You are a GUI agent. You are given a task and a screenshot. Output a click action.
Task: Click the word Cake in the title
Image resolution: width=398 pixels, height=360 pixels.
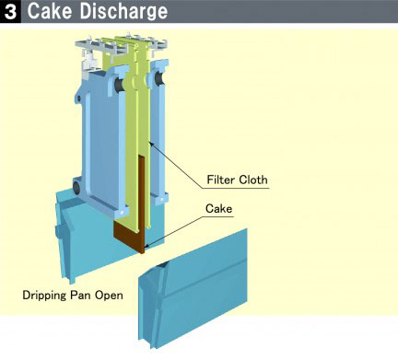click(x=50, y=12)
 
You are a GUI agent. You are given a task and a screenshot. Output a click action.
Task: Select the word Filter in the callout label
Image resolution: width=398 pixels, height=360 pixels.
click(x=224, y=180)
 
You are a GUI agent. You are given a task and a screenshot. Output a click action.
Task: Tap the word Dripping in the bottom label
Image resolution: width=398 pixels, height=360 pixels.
click(x=50, y=296)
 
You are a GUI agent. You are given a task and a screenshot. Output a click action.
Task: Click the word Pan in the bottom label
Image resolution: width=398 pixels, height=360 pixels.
click(x=92, y=296)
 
